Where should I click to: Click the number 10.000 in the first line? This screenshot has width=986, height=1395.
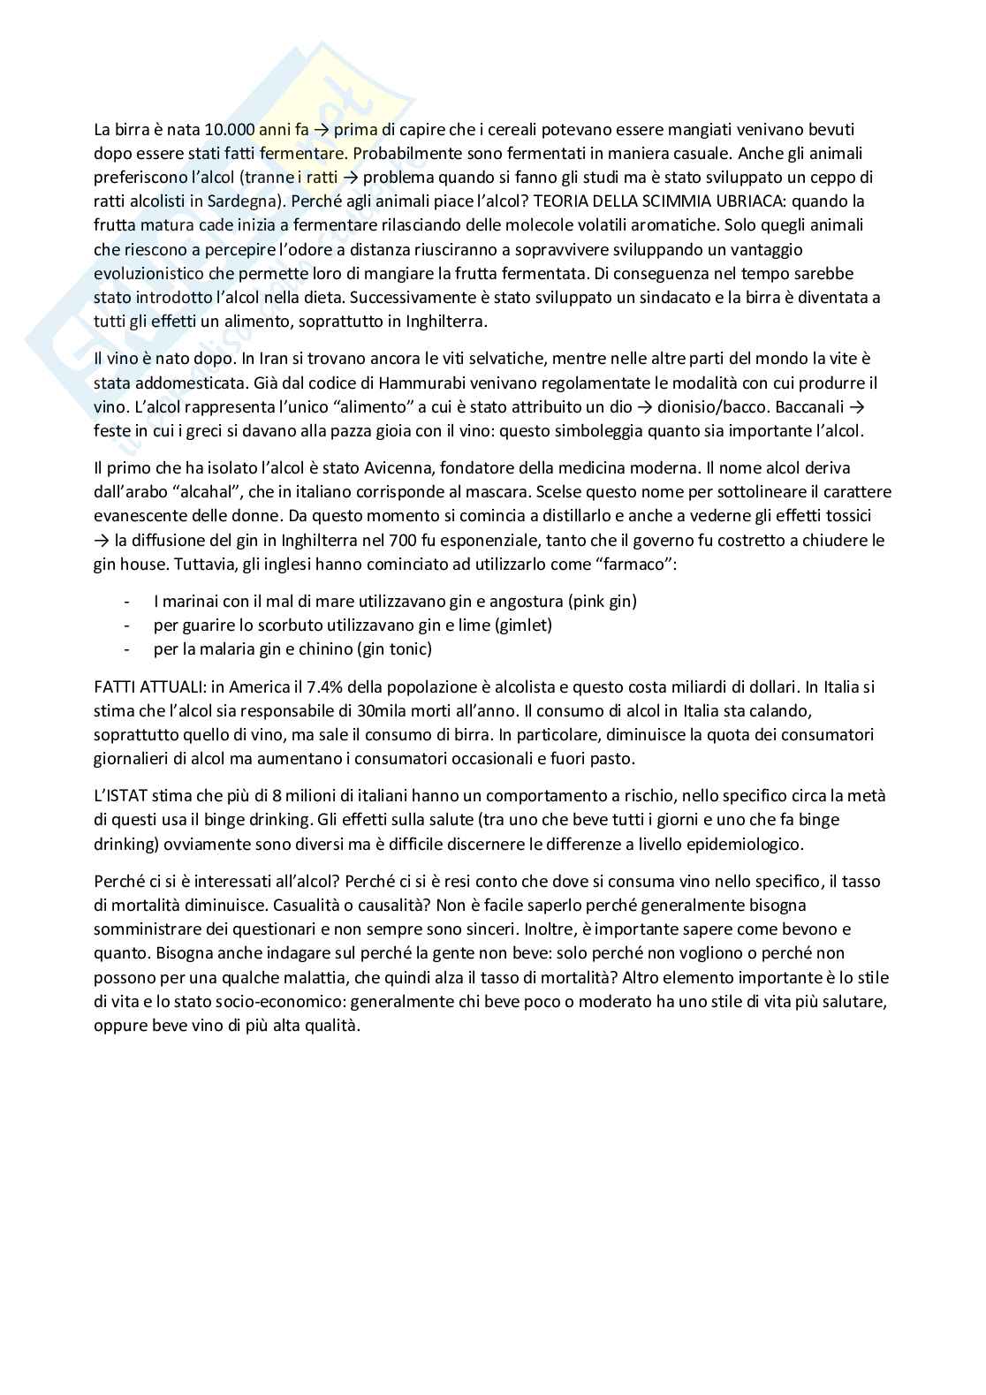(x=230, y=130)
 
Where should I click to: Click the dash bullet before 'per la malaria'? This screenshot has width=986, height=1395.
(x=130, y=649)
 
